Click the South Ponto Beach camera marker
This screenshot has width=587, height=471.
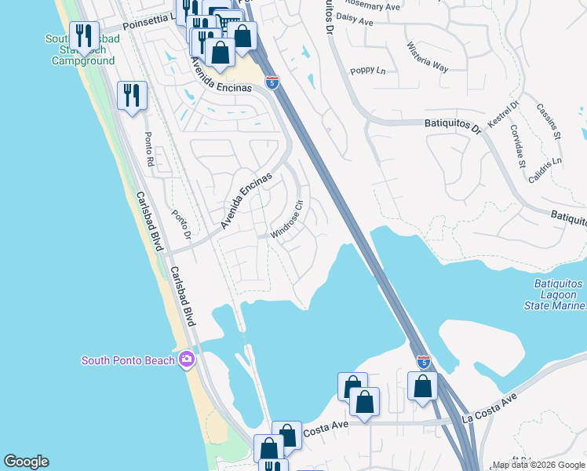point(187,360)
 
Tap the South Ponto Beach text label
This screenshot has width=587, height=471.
point(129,360)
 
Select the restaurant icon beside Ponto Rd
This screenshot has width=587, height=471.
point(132,96)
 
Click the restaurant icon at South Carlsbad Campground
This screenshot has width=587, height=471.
point(82,36)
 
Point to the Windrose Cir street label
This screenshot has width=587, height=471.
point(287,222)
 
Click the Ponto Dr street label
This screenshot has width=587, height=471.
point(181,225)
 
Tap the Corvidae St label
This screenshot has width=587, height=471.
point(518,145)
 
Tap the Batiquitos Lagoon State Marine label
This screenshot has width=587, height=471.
point(549,294)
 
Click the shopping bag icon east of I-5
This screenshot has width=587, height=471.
point(422,386)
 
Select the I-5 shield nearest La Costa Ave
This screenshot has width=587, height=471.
point(424,362)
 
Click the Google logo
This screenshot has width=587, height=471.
point(26,462)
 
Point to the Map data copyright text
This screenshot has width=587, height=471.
point(538,465)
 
